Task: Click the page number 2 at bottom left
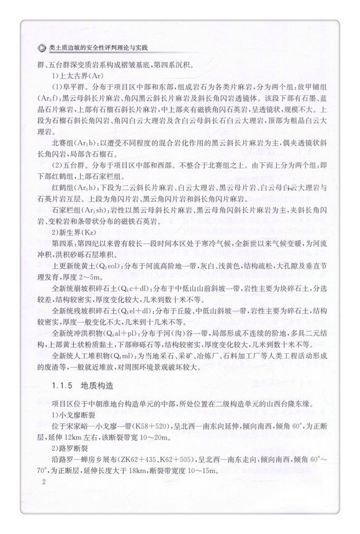tap(43, 499)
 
